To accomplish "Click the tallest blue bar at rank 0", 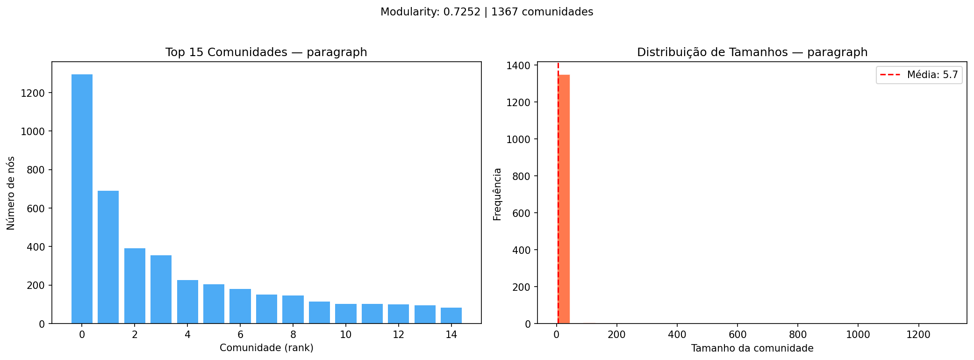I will click(82, 199).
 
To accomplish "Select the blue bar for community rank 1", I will click(108, 257).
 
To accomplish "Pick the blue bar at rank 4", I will click(187, 302).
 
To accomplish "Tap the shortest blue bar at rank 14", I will click(451, 316).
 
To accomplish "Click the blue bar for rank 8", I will click(293, 310).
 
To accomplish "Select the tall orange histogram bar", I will click(564, 199).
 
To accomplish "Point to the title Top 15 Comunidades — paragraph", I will click(266, 52).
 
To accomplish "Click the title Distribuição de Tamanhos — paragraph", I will click(752, 52).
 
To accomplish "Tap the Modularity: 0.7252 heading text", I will click(430, 12).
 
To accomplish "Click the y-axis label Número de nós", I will click(11, 193).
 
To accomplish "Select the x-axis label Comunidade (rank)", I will click(266, 348).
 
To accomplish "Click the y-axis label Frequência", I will click(497, 194).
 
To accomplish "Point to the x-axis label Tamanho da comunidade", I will click(752, 348).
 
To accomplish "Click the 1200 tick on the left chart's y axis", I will click(33, 93).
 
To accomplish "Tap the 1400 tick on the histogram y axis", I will click(518, 65).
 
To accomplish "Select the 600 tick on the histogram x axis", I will click(737, 335).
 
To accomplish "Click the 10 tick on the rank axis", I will click(345, 335).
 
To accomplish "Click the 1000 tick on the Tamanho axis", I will click(858, 335).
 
